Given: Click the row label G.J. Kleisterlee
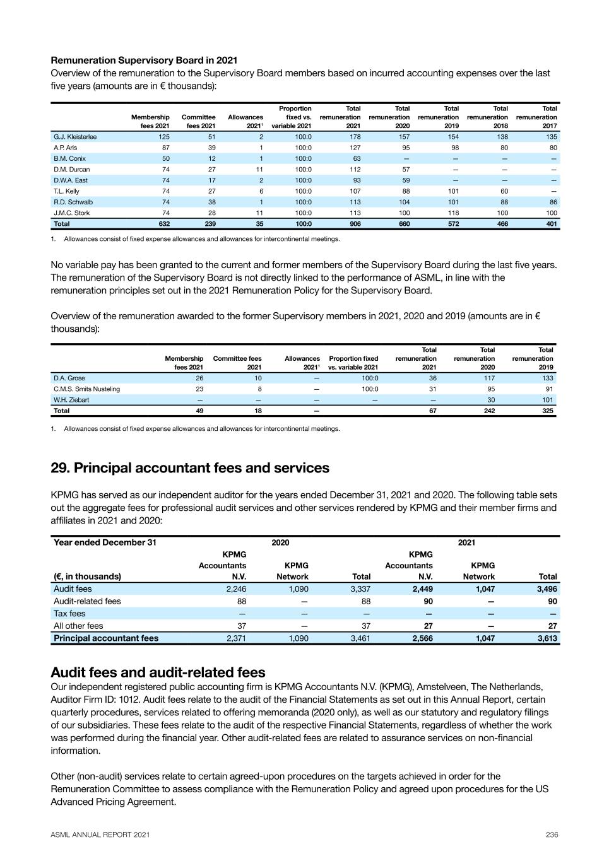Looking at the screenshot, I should (x=75, y=137).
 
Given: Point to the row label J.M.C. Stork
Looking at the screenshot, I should (x=72, y=213).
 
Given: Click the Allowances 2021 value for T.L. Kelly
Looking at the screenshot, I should (x=260, y=191).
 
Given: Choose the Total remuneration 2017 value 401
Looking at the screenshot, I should (x=551, y=224).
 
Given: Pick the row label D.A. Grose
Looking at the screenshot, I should (x=69, y=378).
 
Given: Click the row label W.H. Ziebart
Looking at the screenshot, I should (x=71, y=400).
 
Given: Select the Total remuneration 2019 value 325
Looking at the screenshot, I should (x=547, y=411).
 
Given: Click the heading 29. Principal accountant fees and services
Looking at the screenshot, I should (x=190, y=468).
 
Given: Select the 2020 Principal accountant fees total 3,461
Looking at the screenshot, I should (x=359, y=638).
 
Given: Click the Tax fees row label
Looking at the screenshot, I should (x=69, y=614).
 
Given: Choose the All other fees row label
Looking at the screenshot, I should (x=78, y=626).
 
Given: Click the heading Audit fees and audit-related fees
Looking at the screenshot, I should (x=158, y=672).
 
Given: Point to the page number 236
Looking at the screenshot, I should (x=552, y=835).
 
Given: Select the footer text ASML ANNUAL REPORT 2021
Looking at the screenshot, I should (x=100, y=835).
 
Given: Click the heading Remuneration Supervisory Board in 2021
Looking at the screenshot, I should (x=144, y=61).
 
